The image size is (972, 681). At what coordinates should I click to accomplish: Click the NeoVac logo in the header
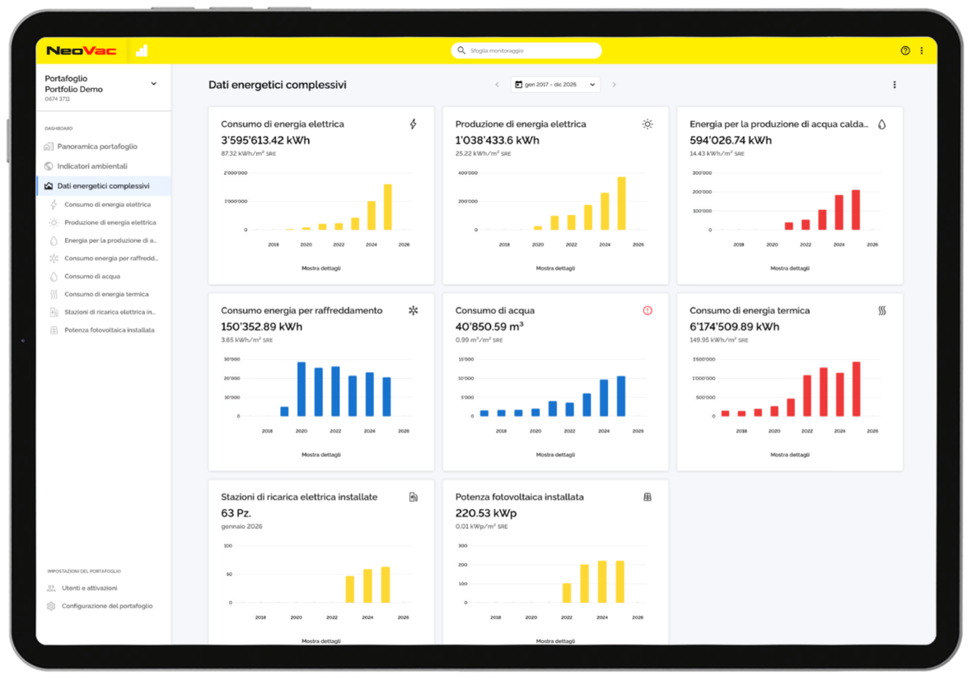[x=81, y=51]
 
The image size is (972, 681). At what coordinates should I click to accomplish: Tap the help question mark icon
[x=905, y=51]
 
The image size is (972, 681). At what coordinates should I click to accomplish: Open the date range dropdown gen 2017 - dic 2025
[x=555, y=85]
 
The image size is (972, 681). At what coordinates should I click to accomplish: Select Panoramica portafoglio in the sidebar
[x=97, y=147]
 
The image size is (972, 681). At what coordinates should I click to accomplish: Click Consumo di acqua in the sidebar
[x=92, y=277]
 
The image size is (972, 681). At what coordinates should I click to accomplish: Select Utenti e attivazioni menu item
[x=89, y=588]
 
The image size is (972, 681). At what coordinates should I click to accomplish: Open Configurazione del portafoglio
[x=106, y=606]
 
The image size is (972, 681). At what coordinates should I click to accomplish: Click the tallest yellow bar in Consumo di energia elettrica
[x=387, y=207]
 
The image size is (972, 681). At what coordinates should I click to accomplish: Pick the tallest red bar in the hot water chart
[x=856, y=210]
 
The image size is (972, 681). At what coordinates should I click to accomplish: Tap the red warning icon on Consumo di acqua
[x=647, y=310]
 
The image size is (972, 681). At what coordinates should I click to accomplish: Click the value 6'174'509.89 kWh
[x=734, y=327]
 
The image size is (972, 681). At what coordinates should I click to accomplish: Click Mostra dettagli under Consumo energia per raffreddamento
[x=321, y=455]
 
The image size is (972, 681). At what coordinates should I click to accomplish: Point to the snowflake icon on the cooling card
[x=414, y=310]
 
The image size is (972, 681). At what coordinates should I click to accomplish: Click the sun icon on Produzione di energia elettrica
[x=647, y=124]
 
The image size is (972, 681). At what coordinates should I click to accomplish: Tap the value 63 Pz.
[x=236, y=513]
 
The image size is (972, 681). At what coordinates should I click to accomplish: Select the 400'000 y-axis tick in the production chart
[x=467, y=173]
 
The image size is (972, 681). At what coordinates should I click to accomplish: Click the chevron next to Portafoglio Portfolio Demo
[x=153, y=84]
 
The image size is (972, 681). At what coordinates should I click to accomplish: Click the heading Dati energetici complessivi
[x=277, y=85]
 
